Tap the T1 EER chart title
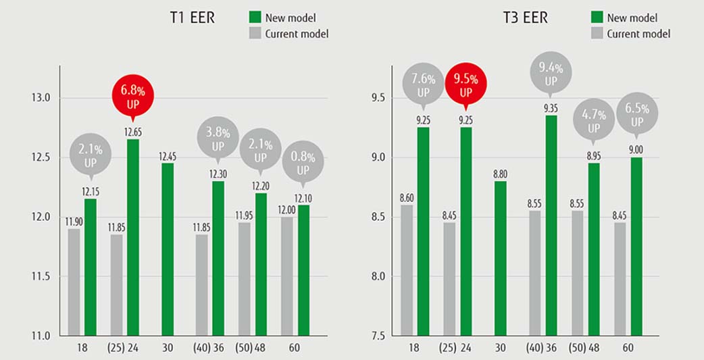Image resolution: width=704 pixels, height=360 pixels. pyautogui.click(x=193, y=18)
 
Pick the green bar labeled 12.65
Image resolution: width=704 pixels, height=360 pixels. pyautogui.click(x=133, y=236)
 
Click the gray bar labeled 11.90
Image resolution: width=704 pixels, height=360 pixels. pyautogui.click(x=74, y=282)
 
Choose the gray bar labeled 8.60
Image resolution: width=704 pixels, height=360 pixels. pyautogui.click(x=406, y=269)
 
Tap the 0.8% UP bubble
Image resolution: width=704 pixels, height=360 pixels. pyautogui.click(x=302, y=162)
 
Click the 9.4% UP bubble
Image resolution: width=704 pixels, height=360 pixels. pyautogui.click(x=551, y=73)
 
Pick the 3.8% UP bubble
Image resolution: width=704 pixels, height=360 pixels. pyautogui.click(x=218, y=138)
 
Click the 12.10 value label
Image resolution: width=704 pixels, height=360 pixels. pyautogui.click(x=302, y=197)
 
